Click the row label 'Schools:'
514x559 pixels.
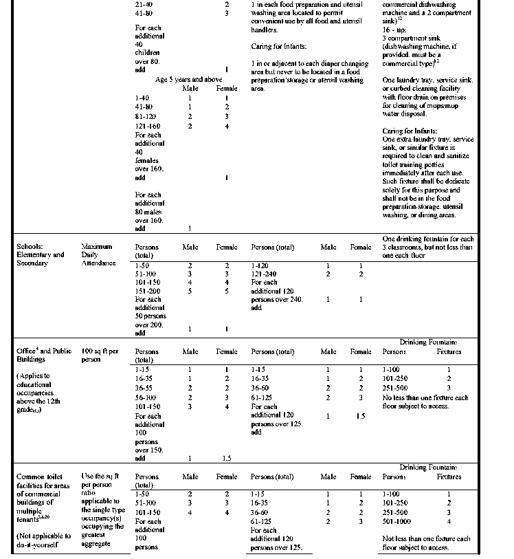32,246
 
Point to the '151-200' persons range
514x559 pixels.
148,291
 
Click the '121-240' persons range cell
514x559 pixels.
265,274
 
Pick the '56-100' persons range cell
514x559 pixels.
148,397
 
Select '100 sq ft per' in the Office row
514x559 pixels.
99,351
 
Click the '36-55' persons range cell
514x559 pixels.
147,388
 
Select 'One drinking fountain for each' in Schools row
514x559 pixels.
427,239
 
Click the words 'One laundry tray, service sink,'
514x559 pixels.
427,80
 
